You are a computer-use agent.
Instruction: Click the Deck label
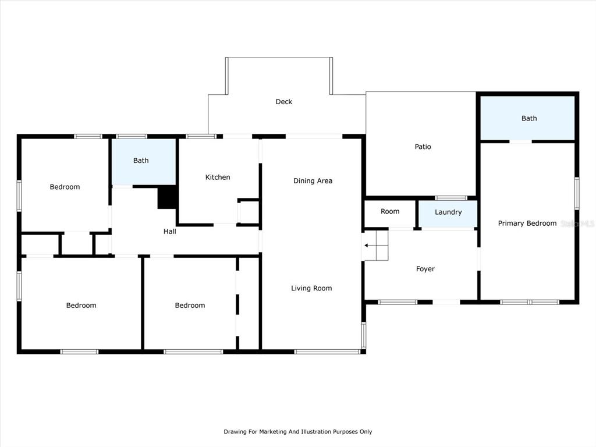[x=284, y=101]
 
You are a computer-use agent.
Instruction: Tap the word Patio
[x=423, y=147]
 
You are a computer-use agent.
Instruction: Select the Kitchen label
[x=218, y=177]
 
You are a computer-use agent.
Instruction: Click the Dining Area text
[x=313, y=181]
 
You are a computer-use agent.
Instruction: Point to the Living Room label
[x=311, y=288]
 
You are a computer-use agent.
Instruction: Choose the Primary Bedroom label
[x=527, y=223]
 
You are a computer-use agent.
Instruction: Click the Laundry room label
[x=448, y=212]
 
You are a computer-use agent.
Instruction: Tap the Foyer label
[x=425, y=269]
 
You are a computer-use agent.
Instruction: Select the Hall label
[x=169, y=232]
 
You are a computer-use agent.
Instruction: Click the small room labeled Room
[x=390, y=211]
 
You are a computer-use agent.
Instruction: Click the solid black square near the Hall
[x=167, y=197]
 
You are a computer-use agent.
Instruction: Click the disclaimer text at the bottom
[x=297, y=431]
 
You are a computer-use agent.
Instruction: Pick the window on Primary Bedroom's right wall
[x=577, y=193]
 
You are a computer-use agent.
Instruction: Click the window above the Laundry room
[x=451, y=198]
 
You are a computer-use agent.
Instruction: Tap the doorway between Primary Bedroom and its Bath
[x=520, y=141]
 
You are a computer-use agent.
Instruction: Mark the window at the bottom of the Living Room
[x=327, y=352]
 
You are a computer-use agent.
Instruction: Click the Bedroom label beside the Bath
[x=65, y=187]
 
